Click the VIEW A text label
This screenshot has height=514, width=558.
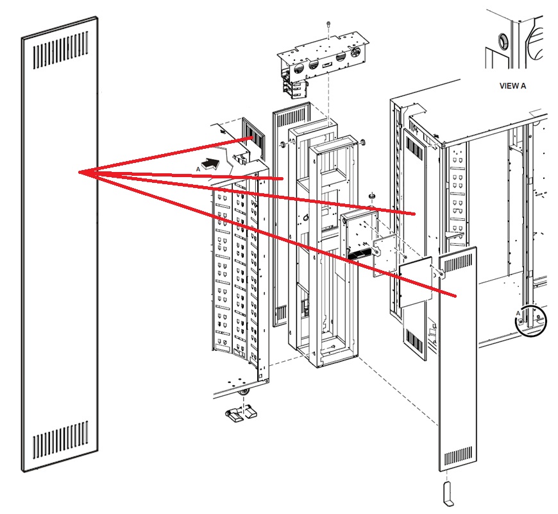click(x=512, y=85)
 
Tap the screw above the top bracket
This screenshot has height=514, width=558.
click(x=328, y=24)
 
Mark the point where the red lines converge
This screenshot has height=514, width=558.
click(x=79, y=172)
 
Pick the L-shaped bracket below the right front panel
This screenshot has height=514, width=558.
click(x=447, y=492)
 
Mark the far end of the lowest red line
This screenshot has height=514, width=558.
click(x=455, y=296)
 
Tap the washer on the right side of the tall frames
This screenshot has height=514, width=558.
click(x=363, y=142)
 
